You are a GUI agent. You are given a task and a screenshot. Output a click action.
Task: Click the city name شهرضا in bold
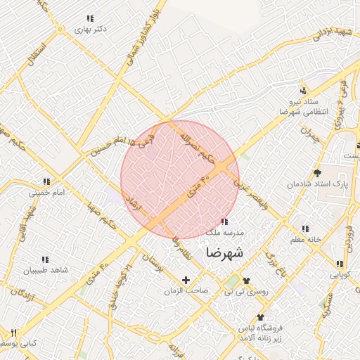[223, 252]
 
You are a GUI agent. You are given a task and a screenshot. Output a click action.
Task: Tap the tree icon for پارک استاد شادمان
[317, 172]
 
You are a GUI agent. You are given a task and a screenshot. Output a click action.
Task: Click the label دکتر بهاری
[94, 30]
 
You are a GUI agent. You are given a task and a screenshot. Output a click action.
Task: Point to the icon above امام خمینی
[46, 181]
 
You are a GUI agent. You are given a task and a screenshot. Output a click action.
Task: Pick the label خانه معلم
[304, 239]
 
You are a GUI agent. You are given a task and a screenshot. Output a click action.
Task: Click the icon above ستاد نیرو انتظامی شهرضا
[303, 91]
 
